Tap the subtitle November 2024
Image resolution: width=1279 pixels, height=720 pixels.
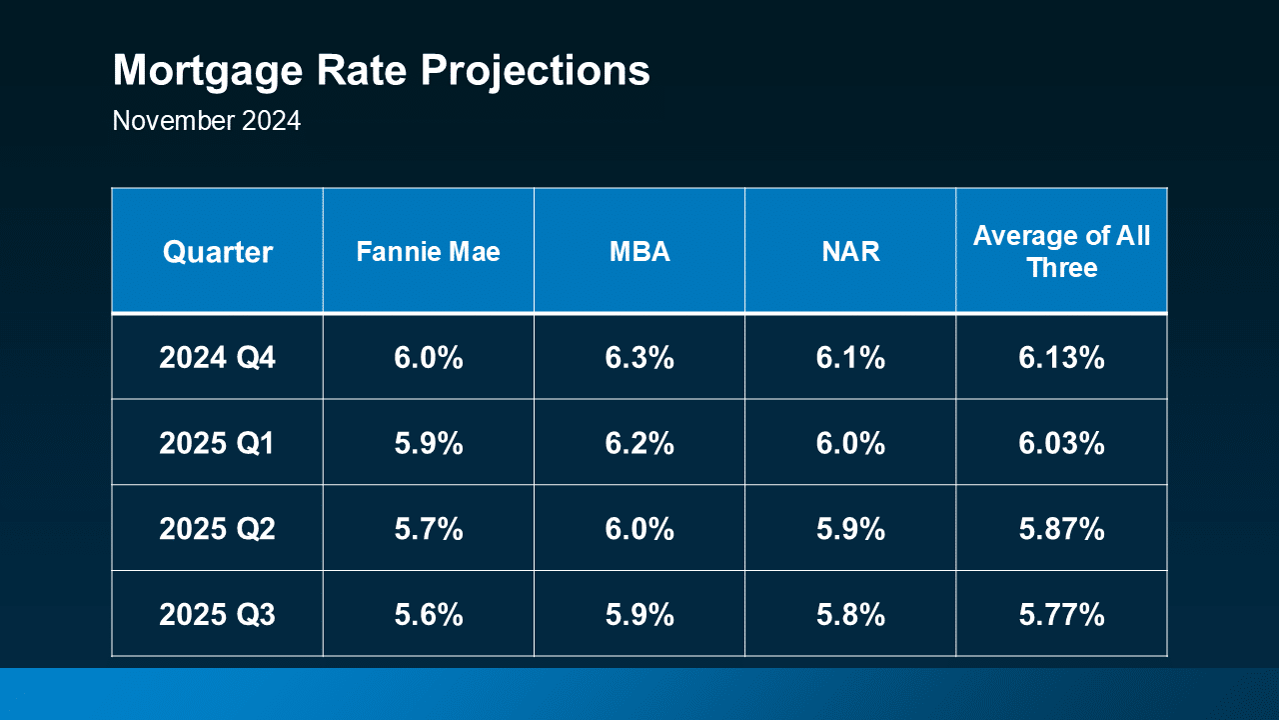click(206, 121)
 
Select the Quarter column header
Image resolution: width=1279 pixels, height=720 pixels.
click(217, 252)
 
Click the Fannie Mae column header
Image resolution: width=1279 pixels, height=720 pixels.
click(428, 252)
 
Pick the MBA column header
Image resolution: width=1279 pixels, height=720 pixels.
click(639, 252)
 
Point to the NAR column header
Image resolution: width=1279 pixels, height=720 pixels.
click(850, 252)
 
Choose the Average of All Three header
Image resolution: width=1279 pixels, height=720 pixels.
click(1061, 252)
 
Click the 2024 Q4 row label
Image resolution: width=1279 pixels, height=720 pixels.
click(217, 357)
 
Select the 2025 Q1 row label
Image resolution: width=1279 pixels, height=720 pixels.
click(217, 443)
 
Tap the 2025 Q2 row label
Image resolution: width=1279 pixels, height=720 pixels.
click(217, 529)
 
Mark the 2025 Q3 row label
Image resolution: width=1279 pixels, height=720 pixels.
click(217, 615)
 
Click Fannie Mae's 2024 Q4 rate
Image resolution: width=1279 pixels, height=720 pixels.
click(428, 357)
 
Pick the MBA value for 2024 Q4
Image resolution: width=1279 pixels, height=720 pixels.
click(639, 357)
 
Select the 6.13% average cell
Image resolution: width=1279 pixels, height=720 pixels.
click(1061, 357)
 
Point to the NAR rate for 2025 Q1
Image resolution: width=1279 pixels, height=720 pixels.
click(850, 443)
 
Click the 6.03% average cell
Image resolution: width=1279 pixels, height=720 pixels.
click(1061, 443)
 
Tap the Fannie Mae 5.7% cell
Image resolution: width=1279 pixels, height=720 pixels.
click(428, 529)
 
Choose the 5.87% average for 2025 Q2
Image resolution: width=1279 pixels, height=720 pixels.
click(1061, 529)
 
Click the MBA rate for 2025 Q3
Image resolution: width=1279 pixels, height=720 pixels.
click(639, 615)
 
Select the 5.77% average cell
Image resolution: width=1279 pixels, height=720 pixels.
click(1061, 615)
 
